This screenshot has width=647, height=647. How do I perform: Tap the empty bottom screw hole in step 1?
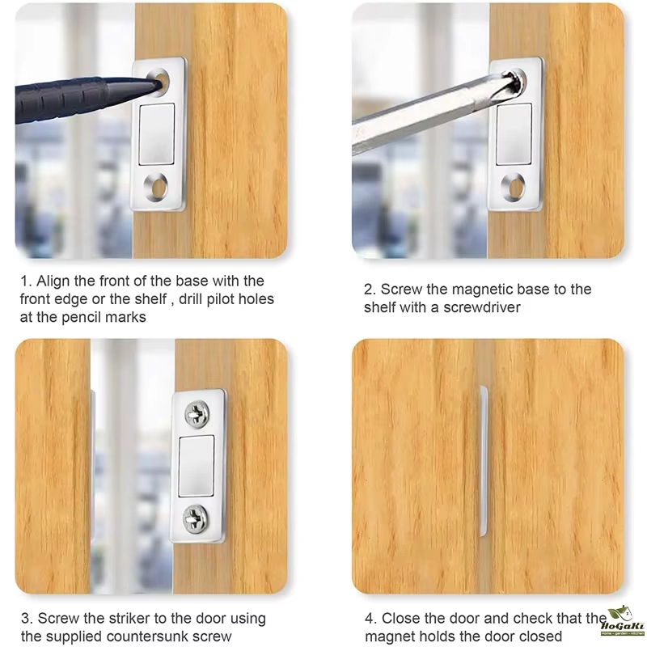(156, 188)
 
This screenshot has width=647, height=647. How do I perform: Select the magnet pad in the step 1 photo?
(156, 133)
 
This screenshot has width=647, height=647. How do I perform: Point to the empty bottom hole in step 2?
(513, 188)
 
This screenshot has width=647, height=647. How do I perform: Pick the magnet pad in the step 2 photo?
(514, 133)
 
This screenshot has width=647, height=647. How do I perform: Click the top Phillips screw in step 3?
(197, 413)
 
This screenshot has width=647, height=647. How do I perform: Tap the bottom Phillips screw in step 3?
(196, 518)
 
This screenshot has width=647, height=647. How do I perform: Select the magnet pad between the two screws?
(197, 466)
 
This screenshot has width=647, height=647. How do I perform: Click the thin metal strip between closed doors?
(483, 461)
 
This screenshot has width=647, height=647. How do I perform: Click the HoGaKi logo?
(622, 620)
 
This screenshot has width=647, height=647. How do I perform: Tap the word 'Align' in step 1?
(53, 281)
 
